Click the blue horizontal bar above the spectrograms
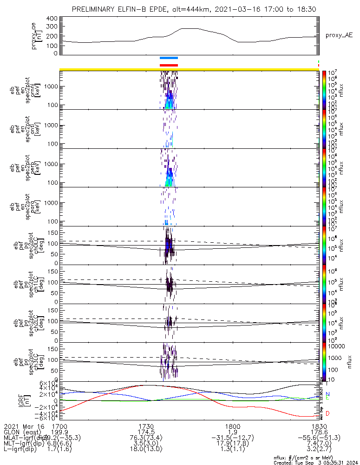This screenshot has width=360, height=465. [169, 58]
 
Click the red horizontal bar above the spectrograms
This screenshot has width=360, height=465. [169, 65]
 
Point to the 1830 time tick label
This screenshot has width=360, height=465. [319, 426]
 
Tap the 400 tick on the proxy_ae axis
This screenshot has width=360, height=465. [52, 18]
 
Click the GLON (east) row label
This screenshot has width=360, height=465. [23, 432]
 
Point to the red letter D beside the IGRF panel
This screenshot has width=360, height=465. [327, 413]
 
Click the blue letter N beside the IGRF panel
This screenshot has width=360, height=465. [327, 394]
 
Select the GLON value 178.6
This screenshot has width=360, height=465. [319, 432]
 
